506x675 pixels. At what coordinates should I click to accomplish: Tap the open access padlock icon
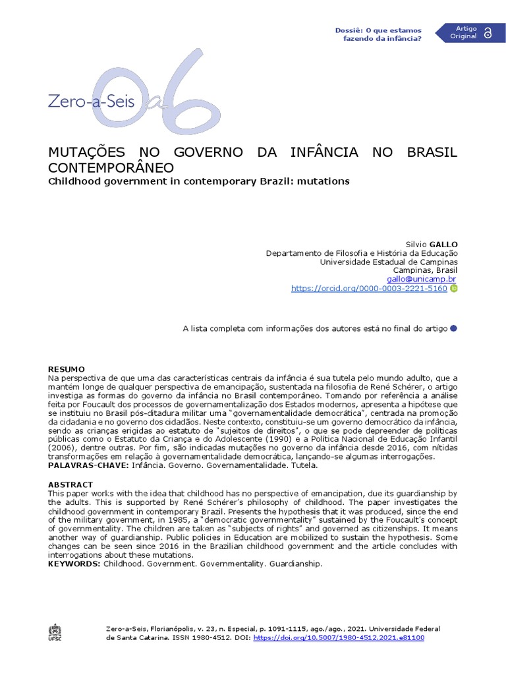(488, 33)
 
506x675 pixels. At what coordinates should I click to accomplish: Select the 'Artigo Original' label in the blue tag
(463, 33)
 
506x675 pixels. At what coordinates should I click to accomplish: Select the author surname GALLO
(443, 244)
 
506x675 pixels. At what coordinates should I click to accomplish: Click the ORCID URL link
(369, 288)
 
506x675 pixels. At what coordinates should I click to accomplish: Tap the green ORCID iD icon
(454, 288)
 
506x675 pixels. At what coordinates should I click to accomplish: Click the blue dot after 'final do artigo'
(453, 328)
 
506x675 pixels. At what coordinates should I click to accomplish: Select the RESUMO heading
(67, 368)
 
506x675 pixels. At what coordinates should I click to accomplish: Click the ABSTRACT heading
(70, 484)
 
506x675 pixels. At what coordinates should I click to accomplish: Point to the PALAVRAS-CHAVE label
(89, 465)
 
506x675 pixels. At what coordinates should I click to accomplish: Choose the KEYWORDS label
(74, 564)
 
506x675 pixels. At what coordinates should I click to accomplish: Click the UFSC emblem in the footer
(55, 632)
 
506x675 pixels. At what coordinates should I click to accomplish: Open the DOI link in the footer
(339, 637)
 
